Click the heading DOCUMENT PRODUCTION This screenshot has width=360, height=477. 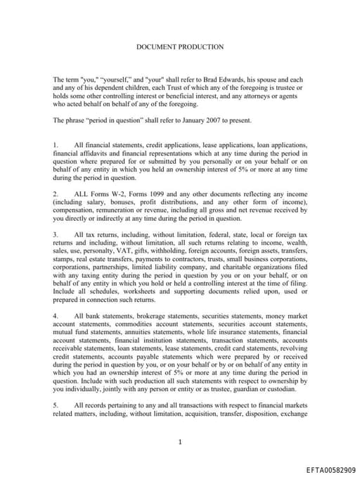(179, 47)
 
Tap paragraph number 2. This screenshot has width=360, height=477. (56, 192)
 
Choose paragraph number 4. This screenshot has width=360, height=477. (56, 317)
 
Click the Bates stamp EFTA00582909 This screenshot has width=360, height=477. (330, 469)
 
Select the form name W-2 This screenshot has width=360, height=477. (111, 192)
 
